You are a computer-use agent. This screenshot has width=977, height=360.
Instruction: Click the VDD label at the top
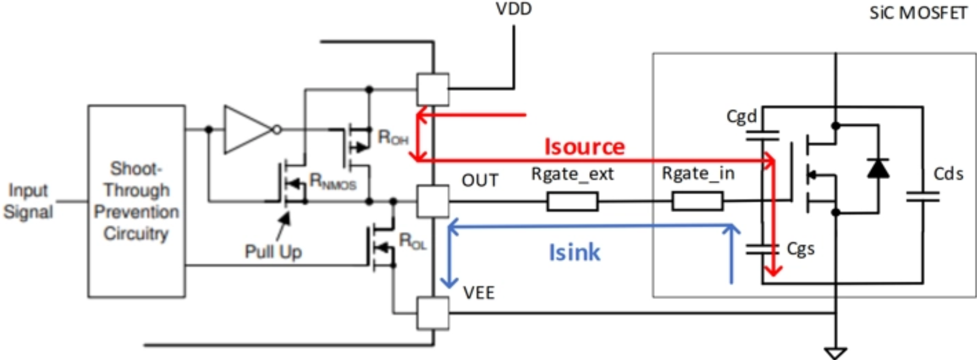[x=514, y=9]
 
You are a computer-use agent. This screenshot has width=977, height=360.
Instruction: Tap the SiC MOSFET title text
[x=918, y=13]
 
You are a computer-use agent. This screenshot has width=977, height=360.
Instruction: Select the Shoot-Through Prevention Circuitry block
[x=136, y=201]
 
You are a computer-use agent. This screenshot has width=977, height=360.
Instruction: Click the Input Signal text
[x=28, y=201]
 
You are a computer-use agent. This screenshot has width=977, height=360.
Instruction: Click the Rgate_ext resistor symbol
[x=572, y=201]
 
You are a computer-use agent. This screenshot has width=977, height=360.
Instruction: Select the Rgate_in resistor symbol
[x=697, y=201]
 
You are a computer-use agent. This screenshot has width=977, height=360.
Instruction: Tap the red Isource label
[x=584, y=147]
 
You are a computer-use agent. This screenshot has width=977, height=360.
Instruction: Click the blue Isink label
[x=574, y=252]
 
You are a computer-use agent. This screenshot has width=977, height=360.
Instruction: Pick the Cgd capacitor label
[x=742, y=117]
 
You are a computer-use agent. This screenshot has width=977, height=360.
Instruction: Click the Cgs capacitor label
[x=801, y=249]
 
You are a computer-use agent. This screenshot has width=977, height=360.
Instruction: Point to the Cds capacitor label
[x=948, y=174]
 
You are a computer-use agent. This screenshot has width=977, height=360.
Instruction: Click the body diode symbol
[x=878, y=168]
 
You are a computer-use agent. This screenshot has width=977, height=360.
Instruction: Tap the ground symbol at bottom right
[x=835, y=352]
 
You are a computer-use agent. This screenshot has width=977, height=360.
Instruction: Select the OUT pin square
[x=433, y=201]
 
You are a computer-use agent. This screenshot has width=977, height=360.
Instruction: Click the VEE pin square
[x=433, y=313]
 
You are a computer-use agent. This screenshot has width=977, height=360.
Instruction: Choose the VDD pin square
[x=433, y=89]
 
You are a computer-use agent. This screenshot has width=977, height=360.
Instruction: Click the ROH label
[x=393, y=137]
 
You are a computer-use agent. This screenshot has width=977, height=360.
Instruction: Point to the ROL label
[x=412, y=241]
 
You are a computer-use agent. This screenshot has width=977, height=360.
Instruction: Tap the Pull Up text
[x=273, y=252]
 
